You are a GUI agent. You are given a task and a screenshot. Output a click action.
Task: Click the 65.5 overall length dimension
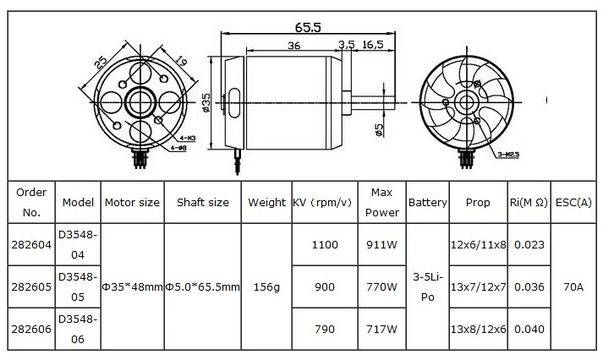pyautogui.click(x=308, y=26)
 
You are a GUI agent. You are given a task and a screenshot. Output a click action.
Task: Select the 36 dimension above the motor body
pyautogui.click(x=293, y=45)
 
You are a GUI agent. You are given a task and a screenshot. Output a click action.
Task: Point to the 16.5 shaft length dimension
pyautogui.click(x=373, y=45)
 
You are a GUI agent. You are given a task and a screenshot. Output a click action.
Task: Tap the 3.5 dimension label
pyautogui.click(x=346, y=45)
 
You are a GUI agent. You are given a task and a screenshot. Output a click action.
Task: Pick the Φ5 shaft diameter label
pyautogui.click(x=378, y=128)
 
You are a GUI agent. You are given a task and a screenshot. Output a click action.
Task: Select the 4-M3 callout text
pyautogui.click(x=187, y=137)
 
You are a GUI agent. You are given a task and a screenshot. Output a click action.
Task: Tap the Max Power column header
pyautogui.click(x=381, y=203)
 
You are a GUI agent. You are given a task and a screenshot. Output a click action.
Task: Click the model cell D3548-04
pyautogui.click(x=78, y=244)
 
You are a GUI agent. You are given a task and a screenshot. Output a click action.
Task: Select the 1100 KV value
pyautogui.click(x=324, y=245)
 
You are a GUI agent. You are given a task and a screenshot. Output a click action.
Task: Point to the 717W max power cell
pyautogui.click(x=381, y=330)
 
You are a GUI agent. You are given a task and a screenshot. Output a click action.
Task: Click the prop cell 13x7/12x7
pyautogui.click(x=478, y=287)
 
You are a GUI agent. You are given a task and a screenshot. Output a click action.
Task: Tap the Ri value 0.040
pyautogui.click(x=530, y=330)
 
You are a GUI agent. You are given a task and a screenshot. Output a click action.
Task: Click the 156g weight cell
pyautogui.click(x=266, y=287)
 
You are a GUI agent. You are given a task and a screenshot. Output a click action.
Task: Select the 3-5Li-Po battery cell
pyautogui.click(x=428, y=287)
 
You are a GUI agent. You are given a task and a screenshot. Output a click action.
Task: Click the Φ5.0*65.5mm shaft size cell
pyautogui.click(x=202, y=287)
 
